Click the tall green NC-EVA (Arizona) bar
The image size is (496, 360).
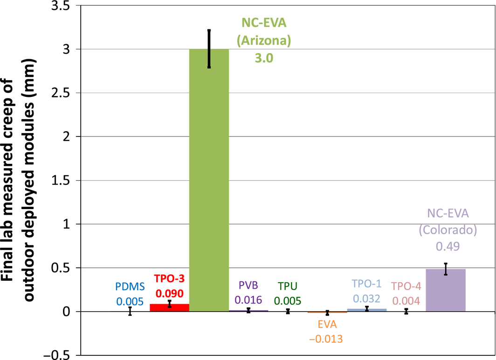click(x=209, y=186)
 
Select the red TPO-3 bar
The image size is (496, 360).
click(x=169, y=307)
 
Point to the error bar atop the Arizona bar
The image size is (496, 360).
click(x=209, y=48)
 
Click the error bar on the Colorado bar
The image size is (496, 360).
click(x=446, y=269)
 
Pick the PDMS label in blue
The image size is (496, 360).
click(x=130, y=285)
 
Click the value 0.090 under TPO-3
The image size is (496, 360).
click(x=170, y=294)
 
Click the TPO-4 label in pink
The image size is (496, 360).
click(x=406, y=286)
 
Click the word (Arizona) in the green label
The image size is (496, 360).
click(x=264, y=41)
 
